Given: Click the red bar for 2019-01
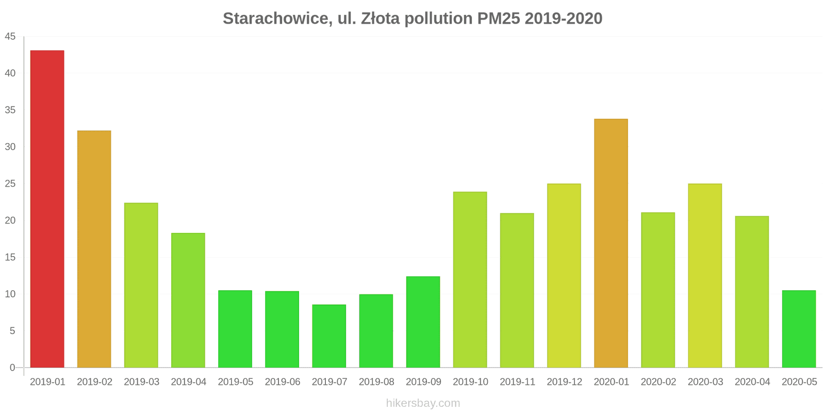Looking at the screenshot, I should [47, 209].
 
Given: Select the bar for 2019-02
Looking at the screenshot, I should [94, 249].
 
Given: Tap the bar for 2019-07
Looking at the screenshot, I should [329, 336].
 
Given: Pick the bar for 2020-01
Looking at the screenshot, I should [611, 243].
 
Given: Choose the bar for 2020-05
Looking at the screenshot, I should [799, 329].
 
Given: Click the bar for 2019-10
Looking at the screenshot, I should [470, 280].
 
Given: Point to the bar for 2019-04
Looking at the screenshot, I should [188, 300].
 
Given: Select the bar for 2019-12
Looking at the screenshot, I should [564, 276].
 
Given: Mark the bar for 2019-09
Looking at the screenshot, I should [423, 322].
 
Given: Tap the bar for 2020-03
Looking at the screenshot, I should [705, 276].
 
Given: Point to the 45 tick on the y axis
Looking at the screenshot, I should [10, 37].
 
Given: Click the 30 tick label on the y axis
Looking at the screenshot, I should [10, 147].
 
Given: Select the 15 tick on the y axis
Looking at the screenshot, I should [10, 257].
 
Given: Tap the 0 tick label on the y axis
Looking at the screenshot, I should [12, 368].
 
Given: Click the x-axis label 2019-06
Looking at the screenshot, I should [282, 382].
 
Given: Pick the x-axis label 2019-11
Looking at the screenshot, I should [517, 382].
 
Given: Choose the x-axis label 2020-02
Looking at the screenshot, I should [658, 382].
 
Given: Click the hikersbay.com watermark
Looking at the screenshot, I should [423, 403].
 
